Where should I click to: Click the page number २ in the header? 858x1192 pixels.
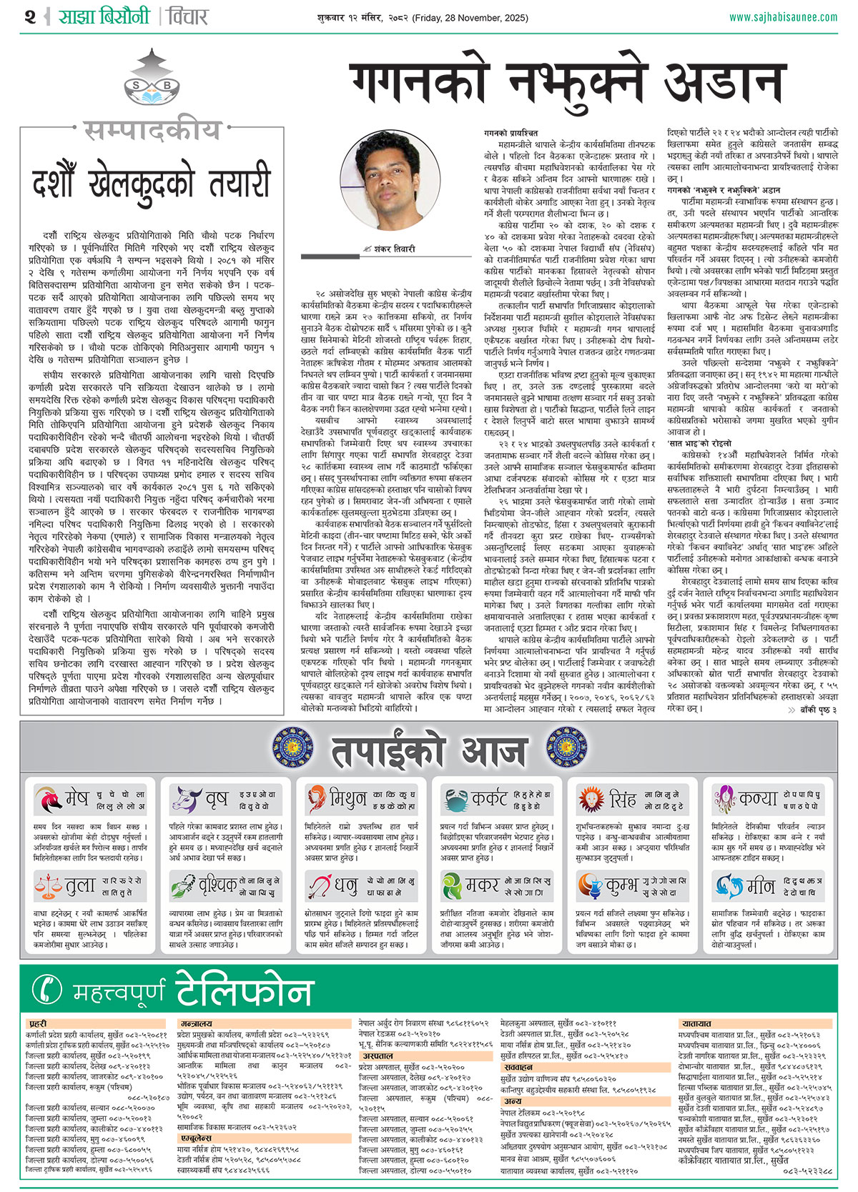tap(29, 16)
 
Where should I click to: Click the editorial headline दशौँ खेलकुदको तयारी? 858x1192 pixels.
tap(152, 183)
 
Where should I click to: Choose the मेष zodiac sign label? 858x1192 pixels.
tap(77, 798)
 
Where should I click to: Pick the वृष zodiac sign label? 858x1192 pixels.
tap(216, 798)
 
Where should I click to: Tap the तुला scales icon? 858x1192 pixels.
tap(48, 886)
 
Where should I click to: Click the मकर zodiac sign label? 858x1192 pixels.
tap(482, 886)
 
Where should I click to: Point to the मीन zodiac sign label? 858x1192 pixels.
tap(761, 886)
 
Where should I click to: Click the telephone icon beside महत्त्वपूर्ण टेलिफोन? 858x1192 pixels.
tap(48, 989)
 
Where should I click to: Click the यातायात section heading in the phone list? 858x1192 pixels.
tap(696, 1024)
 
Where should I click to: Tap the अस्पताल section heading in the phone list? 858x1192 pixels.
tap(378, 1056)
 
